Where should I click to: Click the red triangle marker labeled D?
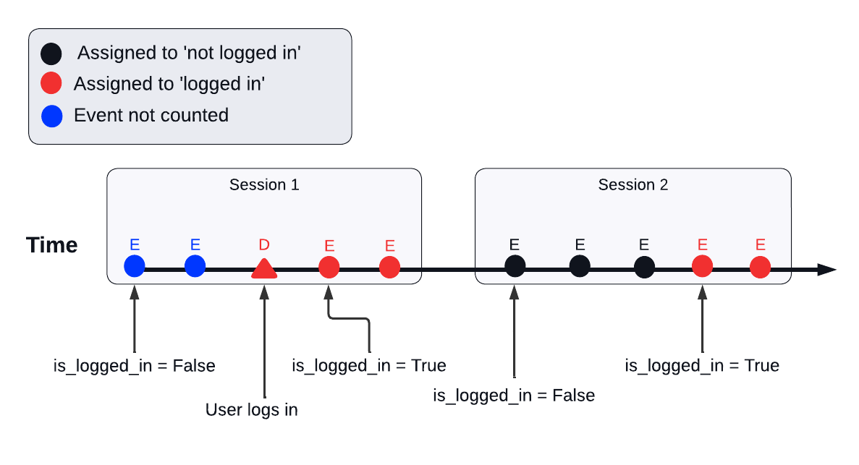point(264,269)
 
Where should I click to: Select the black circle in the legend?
point(51,54)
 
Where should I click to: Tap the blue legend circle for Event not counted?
point(51,116)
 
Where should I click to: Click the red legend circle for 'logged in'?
point(51,84)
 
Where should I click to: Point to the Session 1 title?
point(264,185)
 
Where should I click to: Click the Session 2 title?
point(632,185)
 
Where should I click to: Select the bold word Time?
point(52,245)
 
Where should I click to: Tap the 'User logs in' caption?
point(252,410)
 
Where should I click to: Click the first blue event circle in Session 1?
point(134,266)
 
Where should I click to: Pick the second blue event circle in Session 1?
point(195,266)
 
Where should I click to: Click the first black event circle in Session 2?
point(515,266)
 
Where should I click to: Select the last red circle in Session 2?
point(760,267)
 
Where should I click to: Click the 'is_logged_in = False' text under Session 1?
point(135,366)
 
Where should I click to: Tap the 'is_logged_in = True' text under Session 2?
point(702,366)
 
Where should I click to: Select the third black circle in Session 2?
point(644,267)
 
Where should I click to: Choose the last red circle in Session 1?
point(389,267)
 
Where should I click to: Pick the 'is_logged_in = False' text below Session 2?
point(514,396)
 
